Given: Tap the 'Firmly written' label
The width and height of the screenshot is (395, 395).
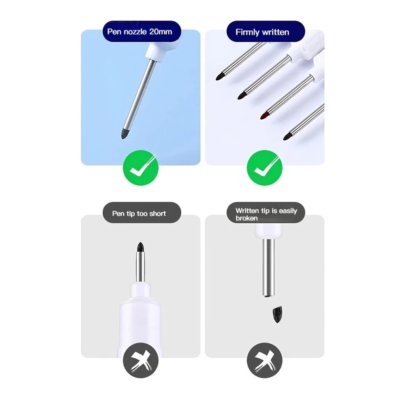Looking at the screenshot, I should coord(262,32).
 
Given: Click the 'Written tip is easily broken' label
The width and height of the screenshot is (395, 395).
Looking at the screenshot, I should coord(266,214).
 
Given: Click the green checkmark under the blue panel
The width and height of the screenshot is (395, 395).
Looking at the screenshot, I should coord(140,169).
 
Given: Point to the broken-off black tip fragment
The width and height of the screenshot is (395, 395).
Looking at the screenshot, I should coord(275,314).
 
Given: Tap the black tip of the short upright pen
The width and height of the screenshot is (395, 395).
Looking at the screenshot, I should coord(140,248).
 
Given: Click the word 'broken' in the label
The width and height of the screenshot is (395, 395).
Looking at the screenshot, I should coord(246,218).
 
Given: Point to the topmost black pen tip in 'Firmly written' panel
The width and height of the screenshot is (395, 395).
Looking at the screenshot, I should coord(220,76).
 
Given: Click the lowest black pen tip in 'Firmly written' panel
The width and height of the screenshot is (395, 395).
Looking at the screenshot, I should coord(287,136).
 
